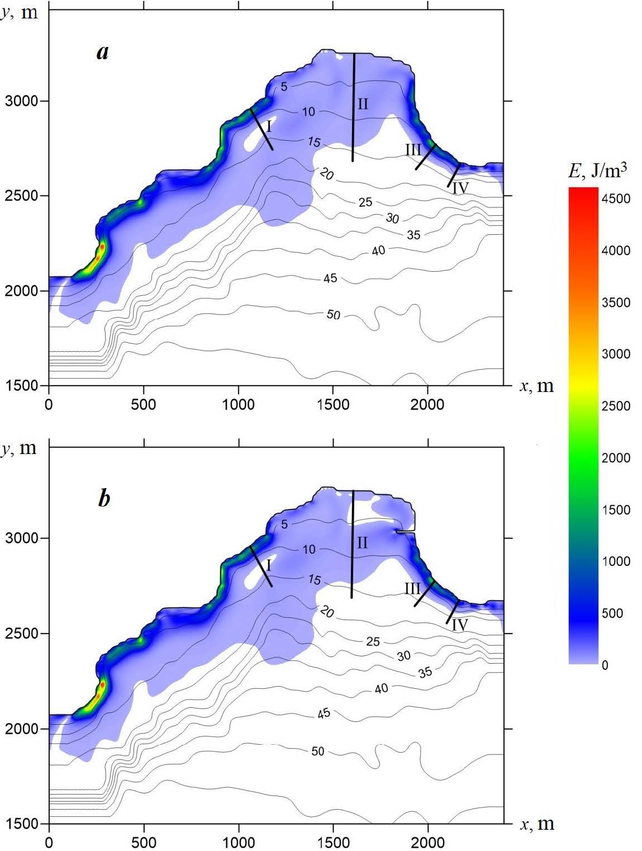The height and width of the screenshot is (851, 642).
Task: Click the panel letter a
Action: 102,53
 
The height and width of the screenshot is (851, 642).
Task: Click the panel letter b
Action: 104,498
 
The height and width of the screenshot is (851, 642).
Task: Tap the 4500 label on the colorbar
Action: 616,199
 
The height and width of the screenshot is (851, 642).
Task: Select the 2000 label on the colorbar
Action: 616,458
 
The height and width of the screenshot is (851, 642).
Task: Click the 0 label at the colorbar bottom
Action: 605,665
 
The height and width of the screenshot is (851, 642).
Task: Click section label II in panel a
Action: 363,104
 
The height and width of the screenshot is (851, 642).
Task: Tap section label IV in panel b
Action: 459,625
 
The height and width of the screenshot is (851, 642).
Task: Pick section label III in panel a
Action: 413,149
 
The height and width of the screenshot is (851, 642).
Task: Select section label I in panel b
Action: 268,565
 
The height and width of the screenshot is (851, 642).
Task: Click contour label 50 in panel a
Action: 333,315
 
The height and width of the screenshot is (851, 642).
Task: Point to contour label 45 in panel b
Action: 324,713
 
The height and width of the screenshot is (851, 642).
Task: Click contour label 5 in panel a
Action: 284,87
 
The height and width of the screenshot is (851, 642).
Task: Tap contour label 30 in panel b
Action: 403,656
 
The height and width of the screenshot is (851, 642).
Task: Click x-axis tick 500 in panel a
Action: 144,404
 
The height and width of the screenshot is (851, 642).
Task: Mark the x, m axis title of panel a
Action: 537,386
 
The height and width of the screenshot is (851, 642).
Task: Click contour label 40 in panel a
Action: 378,251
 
